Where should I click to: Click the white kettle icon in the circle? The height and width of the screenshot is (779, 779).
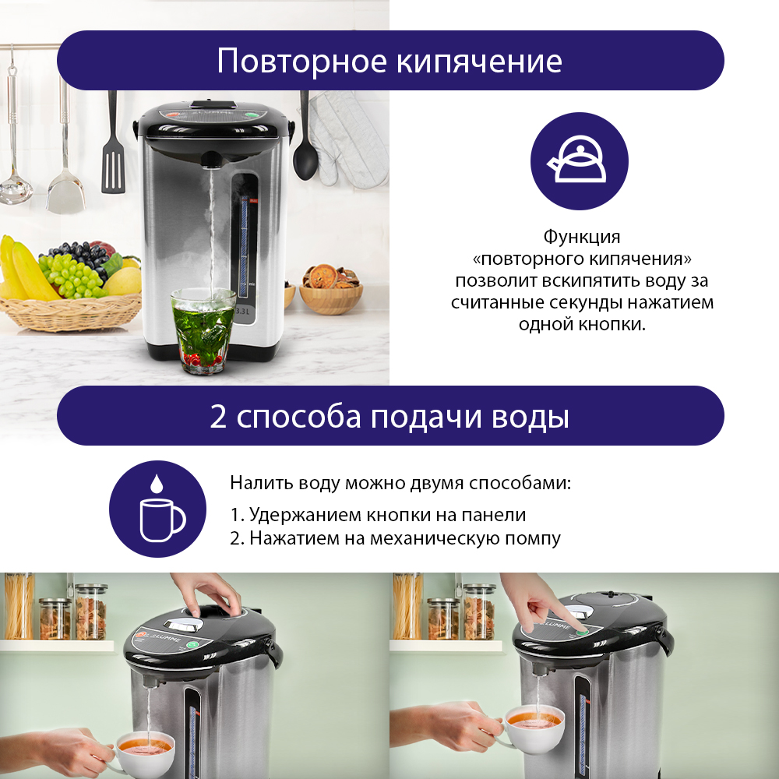[x=578, y=160]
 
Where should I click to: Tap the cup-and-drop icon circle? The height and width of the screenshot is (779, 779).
[x=157, y=509]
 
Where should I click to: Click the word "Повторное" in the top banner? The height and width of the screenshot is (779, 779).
[x=301, y=61]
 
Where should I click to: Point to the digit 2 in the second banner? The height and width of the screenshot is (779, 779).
[x=218, y=416]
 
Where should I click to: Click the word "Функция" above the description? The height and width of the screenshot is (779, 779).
[x=582, y=237]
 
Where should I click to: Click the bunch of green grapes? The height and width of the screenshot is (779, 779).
[x=72, y=275]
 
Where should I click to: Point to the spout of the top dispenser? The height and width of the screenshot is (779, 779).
[x=211, y=160]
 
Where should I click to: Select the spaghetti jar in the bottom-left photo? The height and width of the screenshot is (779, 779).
[x=19, y=605]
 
